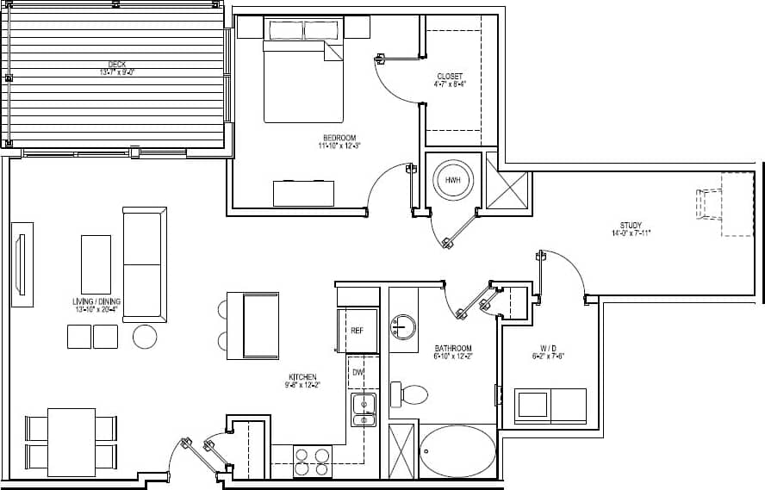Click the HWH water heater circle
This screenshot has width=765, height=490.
click(452, 181)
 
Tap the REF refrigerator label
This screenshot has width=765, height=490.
click(357, 331)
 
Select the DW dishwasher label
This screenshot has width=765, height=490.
click(357, 373)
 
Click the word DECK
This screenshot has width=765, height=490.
click(117, 63)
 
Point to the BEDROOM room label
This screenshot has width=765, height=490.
click(339, 138)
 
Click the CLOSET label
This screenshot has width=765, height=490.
click(450, 77)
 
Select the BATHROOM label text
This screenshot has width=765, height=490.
click(453, 349)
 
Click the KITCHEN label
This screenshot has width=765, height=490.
click(303, 377)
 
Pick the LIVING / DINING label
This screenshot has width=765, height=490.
click(96, 301)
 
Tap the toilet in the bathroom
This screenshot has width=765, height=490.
click(410, 395)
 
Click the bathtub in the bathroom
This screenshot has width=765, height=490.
click(457, 451)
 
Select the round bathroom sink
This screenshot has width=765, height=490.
click(402, 327)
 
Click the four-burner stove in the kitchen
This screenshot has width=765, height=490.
click(313, 461)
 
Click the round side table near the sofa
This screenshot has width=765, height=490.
click(145, 336)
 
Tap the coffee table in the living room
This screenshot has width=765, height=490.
click(96, 264)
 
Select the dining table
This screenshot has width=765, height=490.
click(71, 442)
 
